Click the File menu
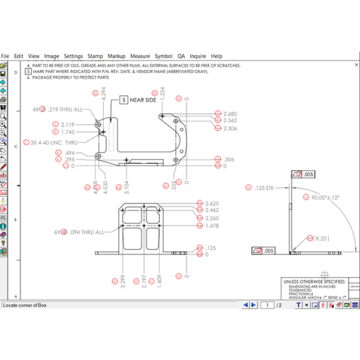pos(5,56)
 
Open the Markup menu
pos(117,56)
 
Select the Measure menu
pos(140,56)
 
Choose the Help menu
pos(217,56)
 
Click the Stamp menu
pos(95,56)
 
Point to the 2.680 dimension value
pos(230,113)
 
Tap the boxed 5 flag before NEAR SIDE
pos(124,100)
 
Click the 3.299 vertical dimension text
pos(123,280)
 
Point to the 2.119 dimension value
pos(68,124)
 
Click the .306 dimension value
pos(229,159)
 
